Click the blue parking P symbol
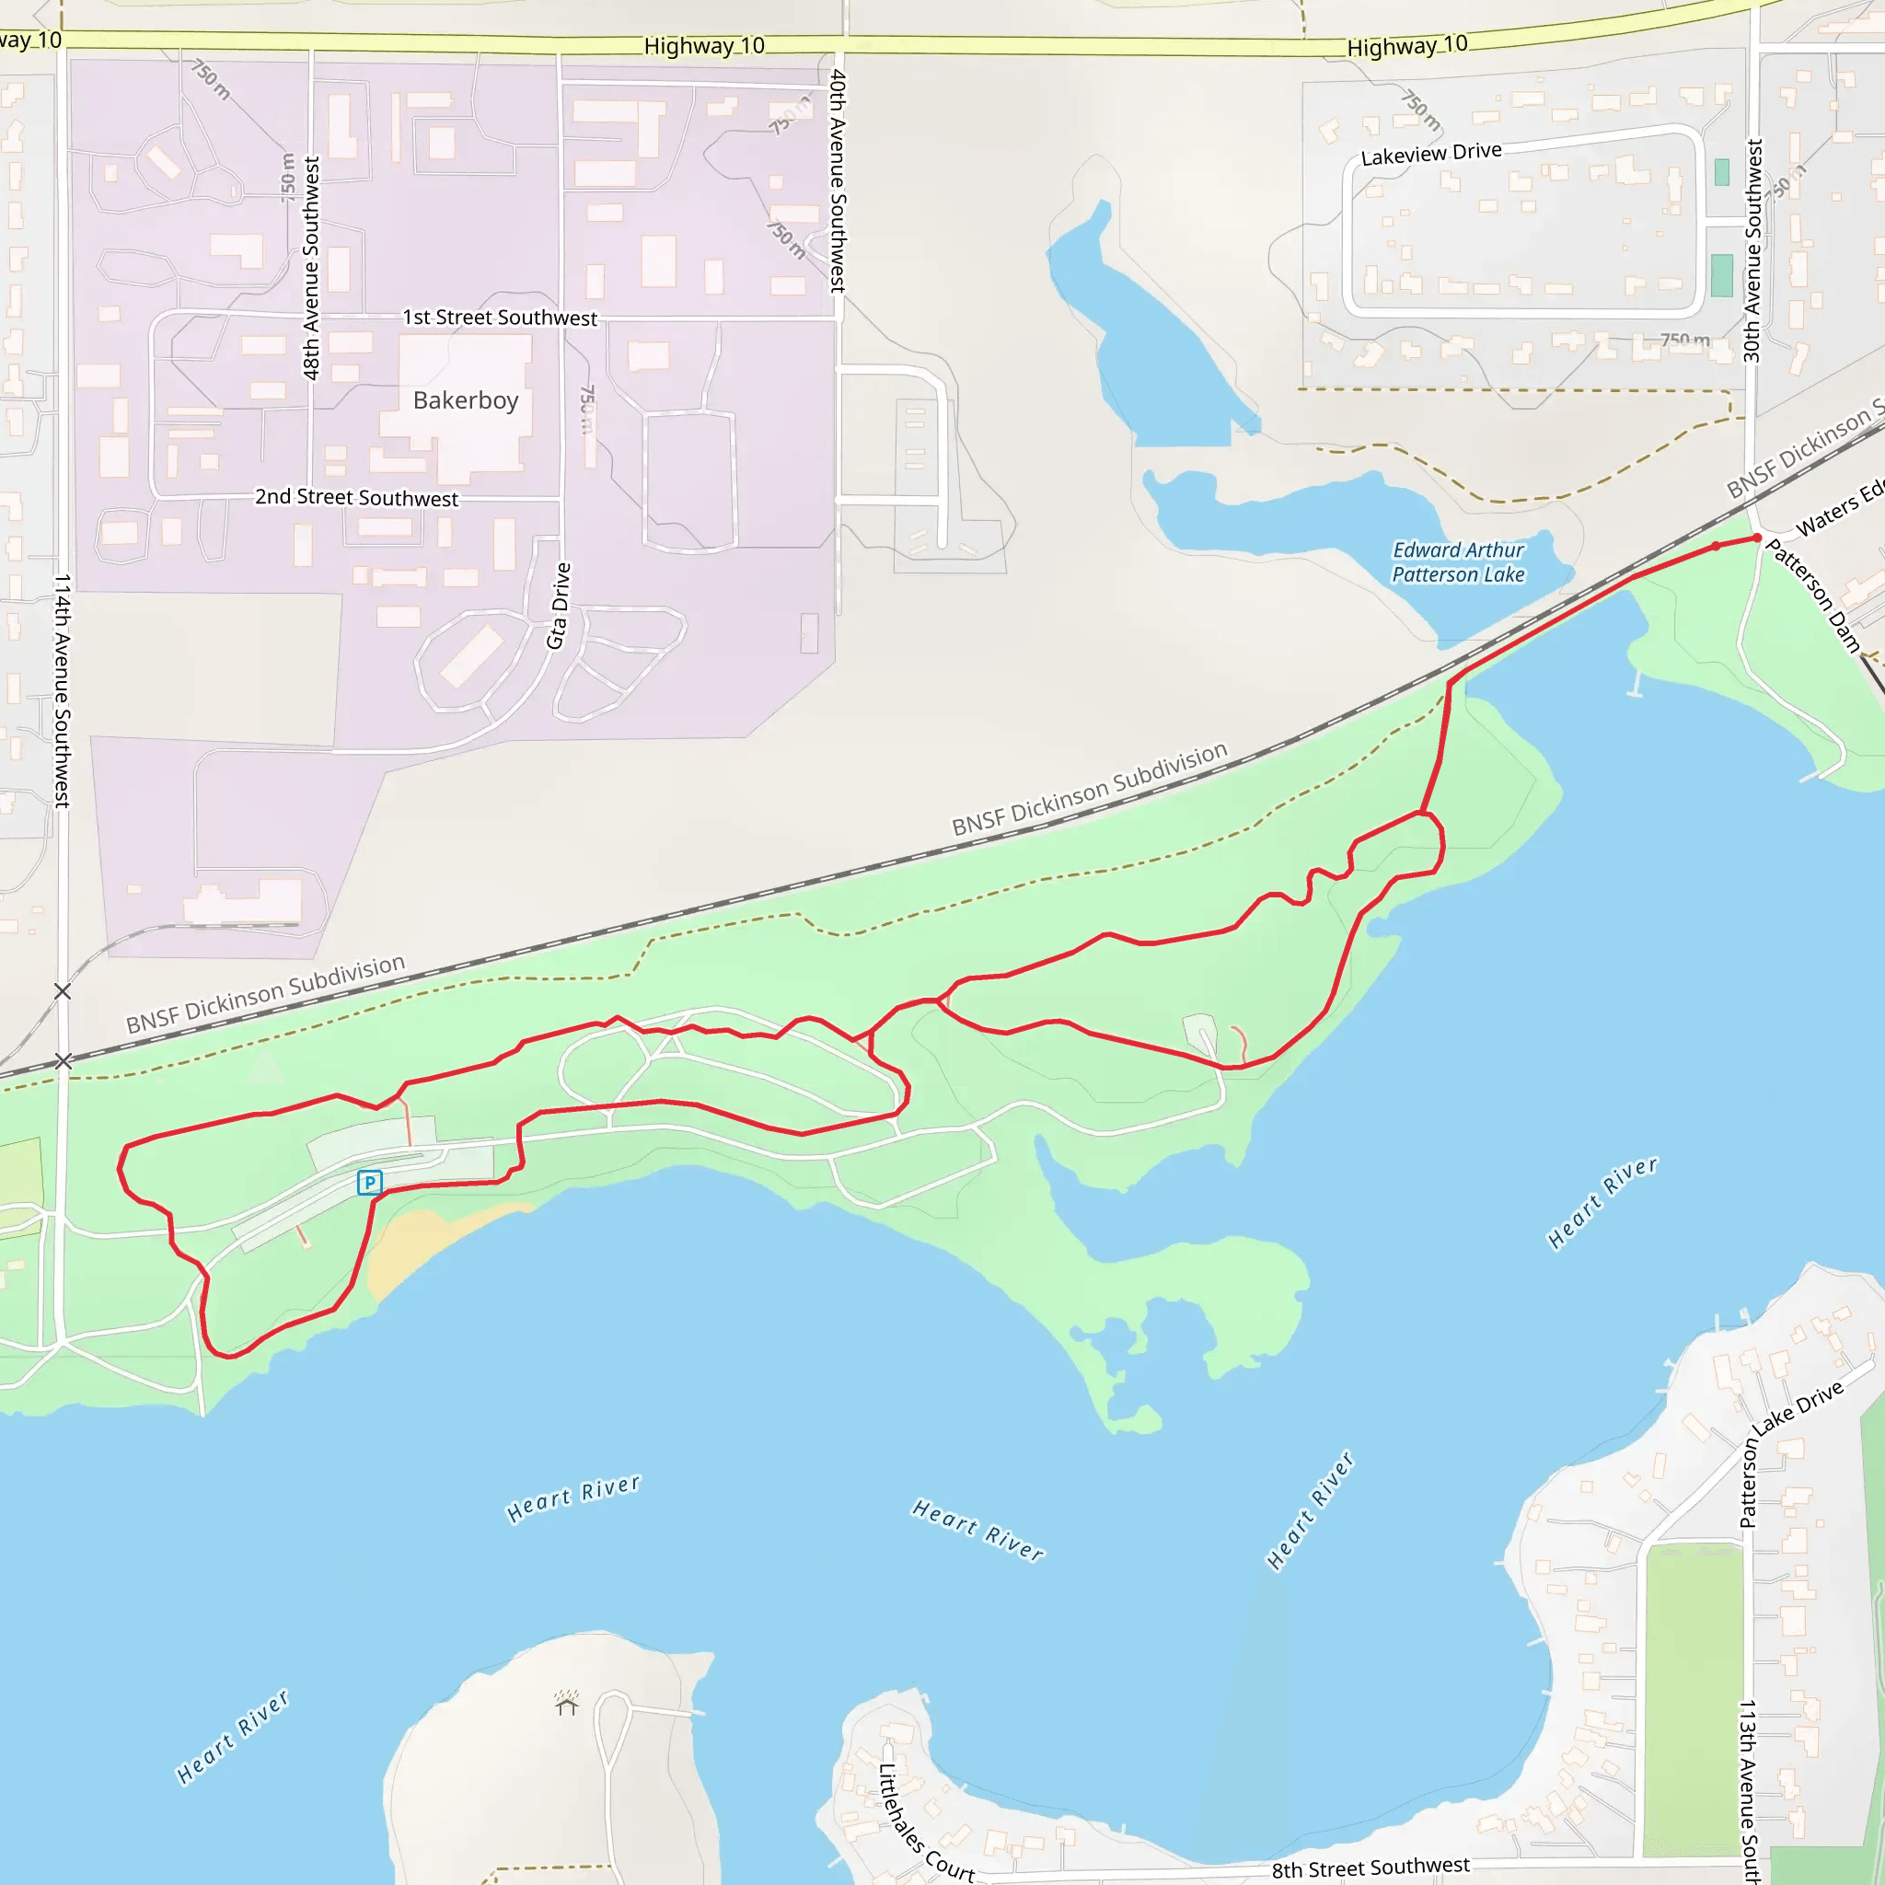[369, 1183]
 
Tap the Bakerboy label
[466, 400]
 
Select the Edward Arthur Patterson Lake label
[1458, 563]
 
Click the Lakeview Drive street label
[1430, 154]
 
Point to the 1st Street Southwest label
[500, 318]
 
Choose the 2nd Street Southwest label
[356, 498]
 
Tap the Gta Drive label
[558, 605]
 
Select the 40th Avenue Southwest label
[838, 180]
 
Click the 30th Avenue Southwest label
[1752, 250]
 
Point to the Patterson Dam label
[1814, 595]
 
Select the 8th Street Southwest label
[1370, 1868]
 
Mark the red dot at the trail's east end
[1757, 538]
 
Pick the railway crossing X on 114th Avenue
[64, 1060]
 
